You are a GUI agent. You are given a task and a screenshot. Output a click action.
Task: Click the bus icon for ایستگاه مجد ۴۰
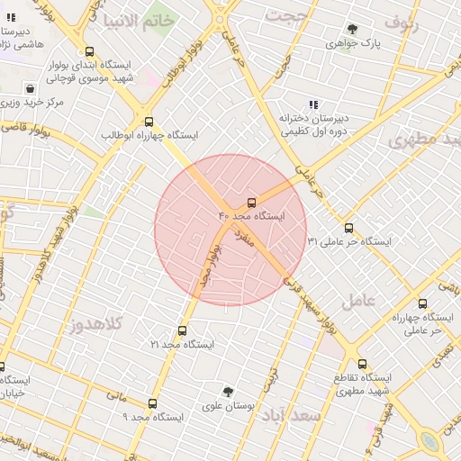coord(251,203)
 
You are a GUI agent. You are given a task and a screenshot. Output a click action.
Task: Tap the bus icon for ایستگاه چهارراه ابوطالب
coord(149,122)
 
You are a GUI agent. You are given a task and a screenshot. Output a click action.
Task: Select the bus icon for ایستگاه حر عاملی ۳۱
coord(349,228)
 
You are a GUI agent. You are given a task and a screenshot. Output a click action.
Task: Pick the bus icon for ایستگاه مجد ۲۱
coord(183,330)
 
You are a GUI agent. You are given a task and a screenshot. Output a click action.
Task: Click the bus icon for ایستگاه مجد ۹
coord(152,404)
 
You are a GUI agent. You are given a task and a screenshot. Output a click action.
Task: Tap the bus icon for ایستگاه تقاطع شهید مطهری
coord(362,364)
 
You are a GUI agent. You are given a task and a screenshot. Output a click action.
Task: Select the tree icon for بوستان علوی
coord(229,392)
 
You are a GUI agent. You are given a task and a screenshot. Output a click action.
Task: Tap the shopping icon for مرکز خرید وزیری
coord(32,89)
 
